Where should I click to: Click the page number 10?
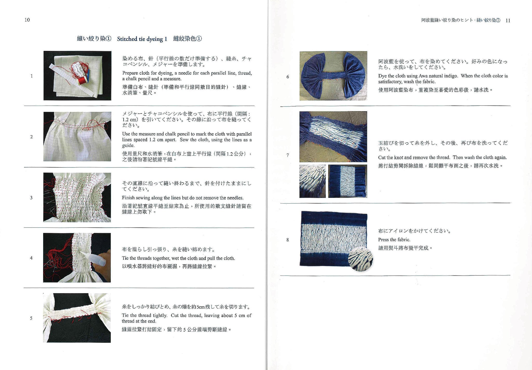(x=27, y=20)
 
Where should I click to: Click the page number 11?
(x=508, y=21)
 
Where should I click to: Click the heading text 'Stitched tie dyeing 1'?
(x=142, y=39)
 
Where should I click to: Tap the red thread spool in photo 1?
(x=83, y=80)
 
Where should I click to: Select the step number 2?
(x=31, y=137)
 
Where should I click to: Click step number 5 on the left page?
(x=31, y=318)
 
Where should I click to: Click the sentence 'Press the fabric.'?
(x=394, y=240)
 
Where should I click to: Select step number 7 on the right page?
(x=288, y=155)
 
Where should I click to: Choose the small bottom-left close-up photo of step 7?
(x=312, y=181)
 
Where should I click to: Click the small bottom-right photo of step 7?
(x=348, y=181)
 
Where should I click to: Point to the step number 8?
(x=288, y=240)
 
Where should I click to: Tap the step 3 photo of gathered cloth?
(x=77, y=197)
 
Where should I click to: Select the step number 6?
(x=288, y=77)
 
